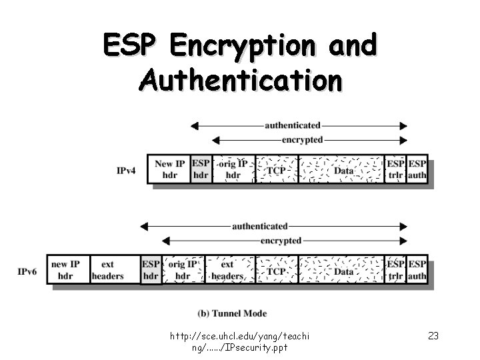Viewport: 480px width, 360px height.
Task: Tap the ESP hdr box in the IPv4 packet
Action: point(201,169)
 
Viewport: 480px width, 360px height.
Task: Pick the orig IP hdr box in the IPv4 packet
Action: point(233,169)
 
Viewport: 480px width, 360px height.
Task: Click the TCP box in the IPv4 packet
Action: point(277,170)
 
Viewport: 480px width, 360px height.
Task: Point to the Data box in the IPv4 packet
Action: point(343,170)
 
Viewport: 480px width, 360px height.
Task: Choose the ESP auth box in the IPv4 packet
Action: point(417,169)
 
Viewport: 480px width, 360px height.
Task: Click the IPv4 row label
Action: point(127,171)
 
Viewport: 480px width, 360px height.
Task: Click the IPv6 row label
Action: point(27,271)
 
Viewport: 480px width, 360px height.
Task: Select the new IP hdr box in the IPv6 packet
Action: point(65,270)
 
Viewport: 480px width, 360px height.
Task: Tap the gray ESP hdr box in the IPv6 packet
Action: point(151,270)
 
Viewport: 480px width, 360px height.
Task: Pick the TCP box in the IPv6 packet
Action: point(277,271)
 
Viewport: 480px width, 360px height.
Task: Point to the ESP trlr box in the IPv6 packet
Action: point(396,270)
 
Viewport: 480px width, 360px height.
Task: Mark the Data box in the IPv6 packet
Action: point(343,271)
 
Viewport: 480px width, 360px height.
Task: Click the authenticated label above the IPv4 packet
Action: point(293,125)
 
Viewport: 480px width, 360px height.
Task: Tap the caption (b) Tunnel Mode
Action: point(232,313)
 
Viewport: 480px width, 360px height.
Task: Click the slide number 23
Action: point(433,335)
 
